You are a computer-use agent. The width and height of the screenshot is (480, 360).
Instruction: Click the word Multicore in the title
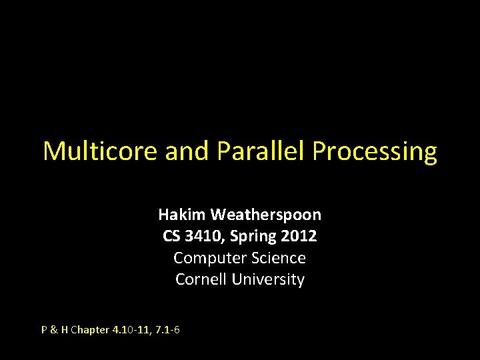point(100,151)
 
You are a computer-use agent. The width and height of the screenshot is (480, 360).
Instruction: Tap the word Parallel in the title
point(261,151)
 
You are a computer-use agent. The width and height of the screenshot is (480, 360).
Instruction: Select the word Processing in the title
point(375,152)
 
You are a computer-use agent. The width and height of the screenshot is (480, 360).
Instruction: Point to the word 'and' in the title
point(187,151)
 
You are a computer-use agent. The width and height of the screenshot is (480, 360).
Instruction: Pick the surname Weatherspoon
point(265,215)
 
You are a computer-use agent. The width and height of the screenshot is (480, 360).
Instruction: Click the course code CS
point(172,236)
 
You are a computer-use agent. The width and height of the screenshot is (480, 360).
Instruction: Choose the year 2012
point(299,236)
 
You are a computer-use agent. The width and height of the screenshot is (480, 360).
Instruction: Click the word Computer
point(206,258)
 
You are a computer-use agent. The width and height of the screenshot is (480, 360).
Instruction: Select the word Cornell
point(201,279)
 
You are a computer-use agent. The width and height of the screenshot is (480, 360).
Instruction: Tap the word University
point(268,279)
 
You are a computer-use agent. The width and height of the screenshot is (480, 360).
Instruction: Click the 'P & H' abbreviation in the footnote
point(55,329)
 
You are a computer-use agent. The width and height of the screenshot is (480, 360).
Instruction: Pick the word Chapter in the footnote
point(89,329)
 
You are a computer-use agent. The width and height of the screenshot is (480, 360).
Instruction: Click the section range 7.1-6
point(167,329)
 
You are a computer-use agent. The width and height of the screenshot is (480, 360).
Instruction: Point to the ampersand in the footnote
point(54,329)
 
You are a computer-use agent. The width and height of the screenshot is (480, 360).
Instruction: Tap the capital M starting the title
point(53,151)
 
